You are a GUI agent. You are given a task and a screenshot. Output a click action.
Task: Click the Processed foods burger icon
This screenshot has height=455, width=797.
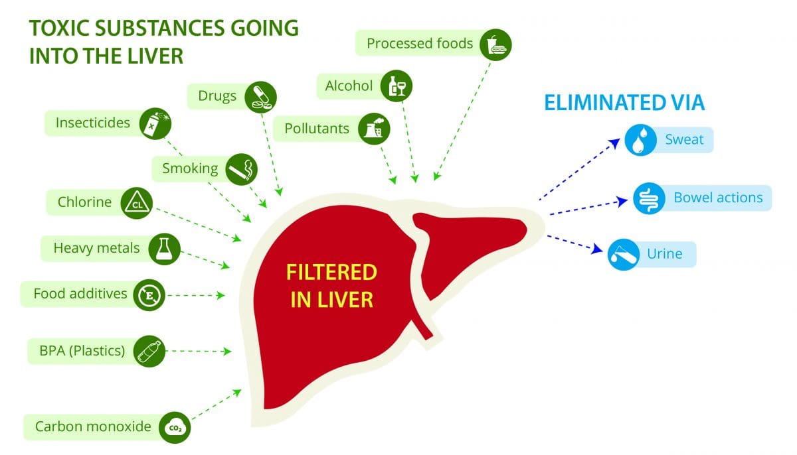pos(496,44)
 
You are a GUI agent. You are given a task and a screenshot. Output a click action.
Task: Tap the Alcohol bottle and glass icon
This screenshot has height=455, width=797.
pos(398,86)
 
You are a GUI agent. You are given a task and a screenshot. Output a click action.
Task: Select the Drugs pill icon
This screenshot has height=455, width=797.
pos(260,97)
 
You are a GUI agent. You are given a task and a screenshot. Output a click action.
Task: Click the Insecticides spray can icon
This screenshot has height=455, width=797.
pos(154,123)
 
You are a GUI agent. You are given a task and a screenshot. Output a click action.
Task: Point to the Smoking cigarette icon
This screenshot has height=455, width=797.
pos(240,169)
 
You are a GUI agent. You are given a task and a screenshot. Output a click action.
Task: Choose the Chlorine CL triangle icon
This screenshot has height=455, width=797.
pos(136,203)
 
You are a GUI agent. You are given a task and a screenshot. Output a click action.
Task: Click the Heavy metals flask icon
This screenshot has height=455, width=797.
pos(164,249)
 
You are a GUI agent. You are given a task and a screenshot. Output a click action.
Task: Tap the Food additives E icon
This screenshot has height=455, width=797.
pos(149,294)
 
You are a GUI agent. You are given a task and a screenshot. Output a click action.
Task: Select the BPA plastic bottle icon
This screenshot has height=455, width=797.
pos(149,351)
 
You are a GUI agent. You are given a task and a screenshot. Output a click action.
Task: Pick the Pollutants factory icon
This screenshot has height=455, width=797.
pos(373,129)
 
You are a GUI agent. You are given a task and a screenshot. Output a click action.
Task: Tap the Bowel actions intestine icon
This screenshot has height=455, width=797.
pos(648,198)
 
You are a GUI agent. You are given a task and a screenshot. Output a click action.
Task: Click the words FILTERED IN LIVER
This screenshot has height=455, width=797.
pos(332,285)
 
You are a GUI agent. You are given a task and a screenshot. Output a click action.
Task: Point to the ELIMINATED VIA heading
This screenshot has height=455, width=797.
pos(624,103)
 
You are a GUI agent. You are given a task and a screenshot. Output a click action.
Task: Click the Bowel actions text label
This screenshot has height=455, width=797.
pos(718,198)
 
